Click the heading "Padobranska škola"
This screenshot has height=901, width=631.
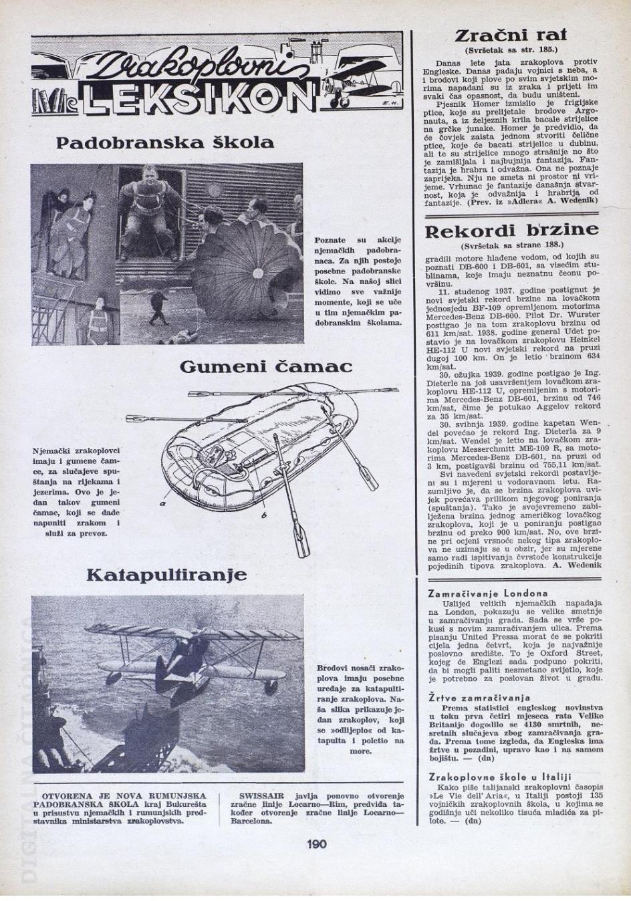pyautogui.click(x=165, y=142)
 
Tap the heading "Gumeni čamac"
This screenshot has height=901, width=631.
pyautogui.click(x=265, y=367)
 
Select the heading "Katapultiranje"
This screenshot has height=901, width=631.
pyautogui.click(x=166, y=574)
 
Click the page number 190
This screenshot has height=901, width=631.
pyautogui.click(x=316, y=844)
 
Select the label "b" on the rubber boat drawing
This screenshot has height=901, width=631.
pyautogui.click(x=264, y=515)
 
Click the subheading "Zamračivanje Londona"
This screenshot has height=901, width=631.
pyautogui.click(x=487, y=593)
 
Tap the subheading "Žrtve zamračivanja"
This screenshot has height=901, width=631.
pyautogui.click(x=479, y=698)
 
